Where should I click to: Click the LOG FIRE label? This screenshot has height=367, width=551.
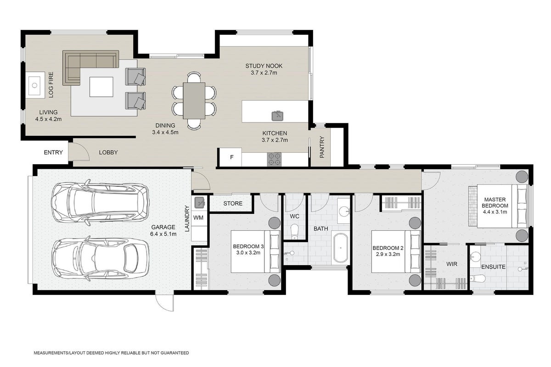pyautogui.click(x=51, y=85)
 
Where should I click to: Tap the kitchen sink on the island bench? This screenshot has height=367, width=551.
pyautogui.click(x=277, y=116)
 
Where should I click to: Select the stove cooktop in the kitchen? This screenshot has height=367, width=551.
pyautogui.click(x=274, y=159)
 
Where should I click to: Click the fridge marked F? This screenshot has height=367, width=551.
pyautogui.click(x=231, y=157)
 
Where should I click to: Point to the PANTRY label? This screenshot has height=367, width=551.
pyautogui.click(x=322, y=147)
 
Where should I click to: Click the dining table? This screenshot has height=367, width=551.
pyautogui.click(x=194, y=101)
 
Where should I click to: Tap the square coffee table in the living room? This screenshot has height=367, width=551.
pyautogui.click(x=101, y=87)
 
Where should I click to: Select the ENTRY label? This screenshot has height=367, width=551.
pyautogui.click(x=53, y=152)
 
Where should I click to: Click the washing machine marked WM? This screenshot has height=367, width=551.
pyautogui.click(x=198, y=217)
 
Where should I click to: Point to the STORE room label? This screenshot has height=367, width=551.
pyautogui.click(x=233, y=204)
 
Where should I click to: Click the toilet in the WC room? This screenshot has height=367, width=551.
pyautogui.click(x=294, y=232)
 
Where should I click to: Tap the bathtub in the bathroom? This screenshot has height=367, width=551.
pyautogui.click(x=341, y=248)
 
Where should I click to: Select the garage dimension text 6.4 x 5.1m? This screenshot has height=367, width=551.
pyautogui.click(x=163, y=234)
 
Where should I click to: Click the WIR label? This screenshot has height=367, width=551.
pyautogui.click(x=452, y=264)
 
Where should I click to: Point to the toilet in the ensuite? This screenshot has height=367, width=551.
pyautogui.click(x=478, y=279)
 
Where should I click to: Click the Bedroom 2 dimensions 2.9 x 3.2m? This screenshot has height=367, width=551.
pyautogui.click(x=388, y=255)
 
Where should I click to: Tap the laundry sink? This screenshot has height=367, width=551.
pyautogui.click(x=199, y=203)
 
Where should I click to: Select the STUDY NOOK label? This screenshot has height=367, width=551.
pyautogui.click(x=264, y=66)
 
